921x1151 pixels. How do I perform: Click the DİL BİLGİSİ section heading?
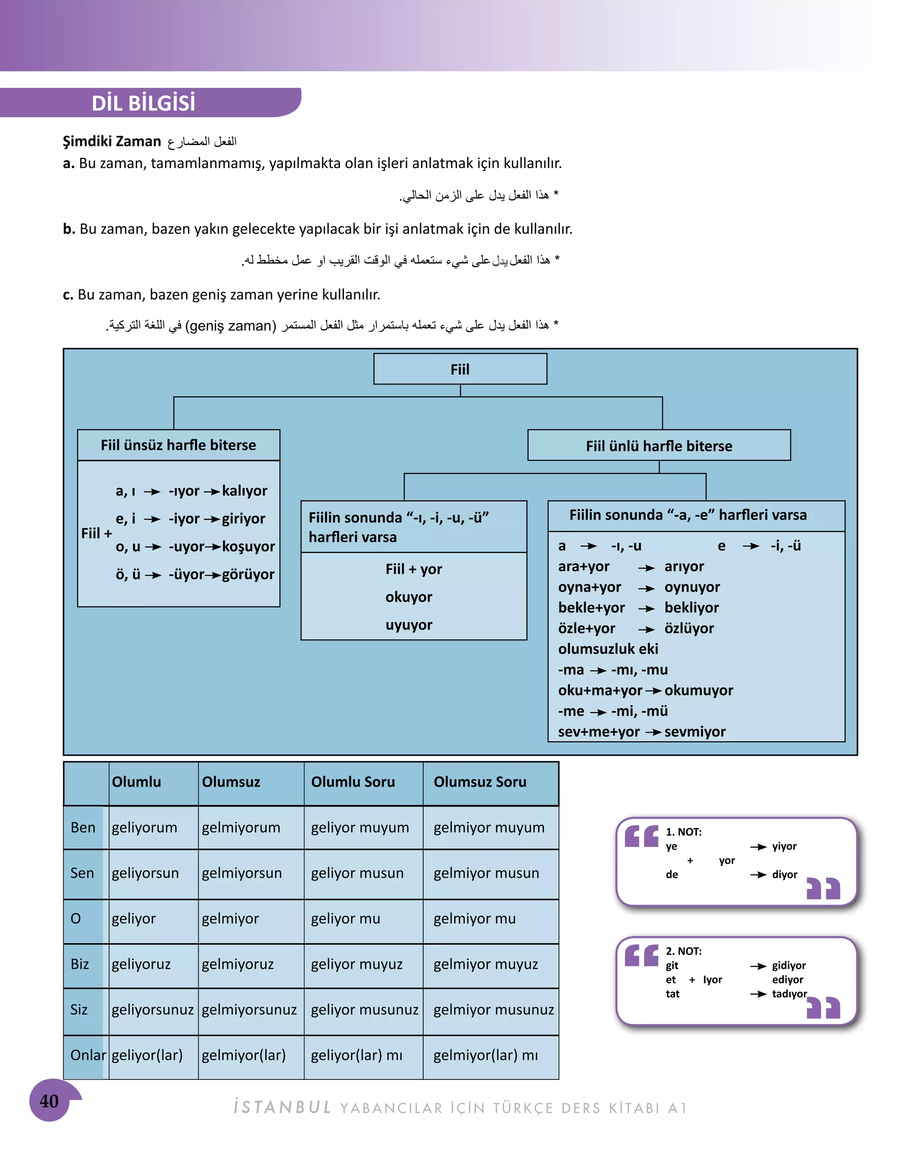(143, 103)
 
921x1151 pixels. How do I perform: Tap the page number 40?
(49, 1101)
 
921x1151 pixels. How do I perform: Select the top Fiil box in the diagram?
(460, 369)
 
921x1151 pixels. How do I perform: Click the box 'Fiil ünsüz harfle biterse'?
(179, 445)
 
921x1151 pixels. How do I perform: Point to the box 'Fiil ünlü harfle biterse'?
(659, 446)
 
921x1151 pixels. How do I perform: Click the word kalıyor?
(245, 491)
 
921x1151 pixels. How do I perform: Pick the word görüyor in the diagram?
(248, 575)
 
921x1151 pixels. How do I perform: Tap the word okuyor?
(408, 597)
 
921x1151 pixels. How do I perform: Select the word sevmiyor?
(695, 732)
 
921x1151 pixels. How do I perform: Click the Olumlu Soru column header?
(353, 782)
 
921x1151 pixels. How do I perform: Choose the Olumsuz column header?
(231, 782)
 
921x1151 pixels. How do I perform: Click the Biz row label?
(80, 964)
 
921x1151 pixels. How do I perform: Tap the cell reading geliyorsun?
(145, 873)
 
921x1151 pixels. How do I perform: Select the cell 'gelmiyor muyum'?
(488, 827)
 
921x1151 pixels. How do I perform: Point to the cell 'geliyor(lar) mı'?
(357, 1055)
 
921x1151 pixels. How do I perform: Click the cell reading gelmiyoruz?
(237, 964)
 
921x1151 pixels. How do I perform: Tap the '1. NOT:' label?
(684, 832)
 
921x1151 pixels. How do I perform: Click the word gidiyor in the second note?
(789, 965)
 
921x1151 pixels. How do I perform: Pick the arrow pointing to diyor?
(758, 874)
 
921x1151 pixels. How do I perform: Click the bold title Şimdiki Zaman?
(112, 142)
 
